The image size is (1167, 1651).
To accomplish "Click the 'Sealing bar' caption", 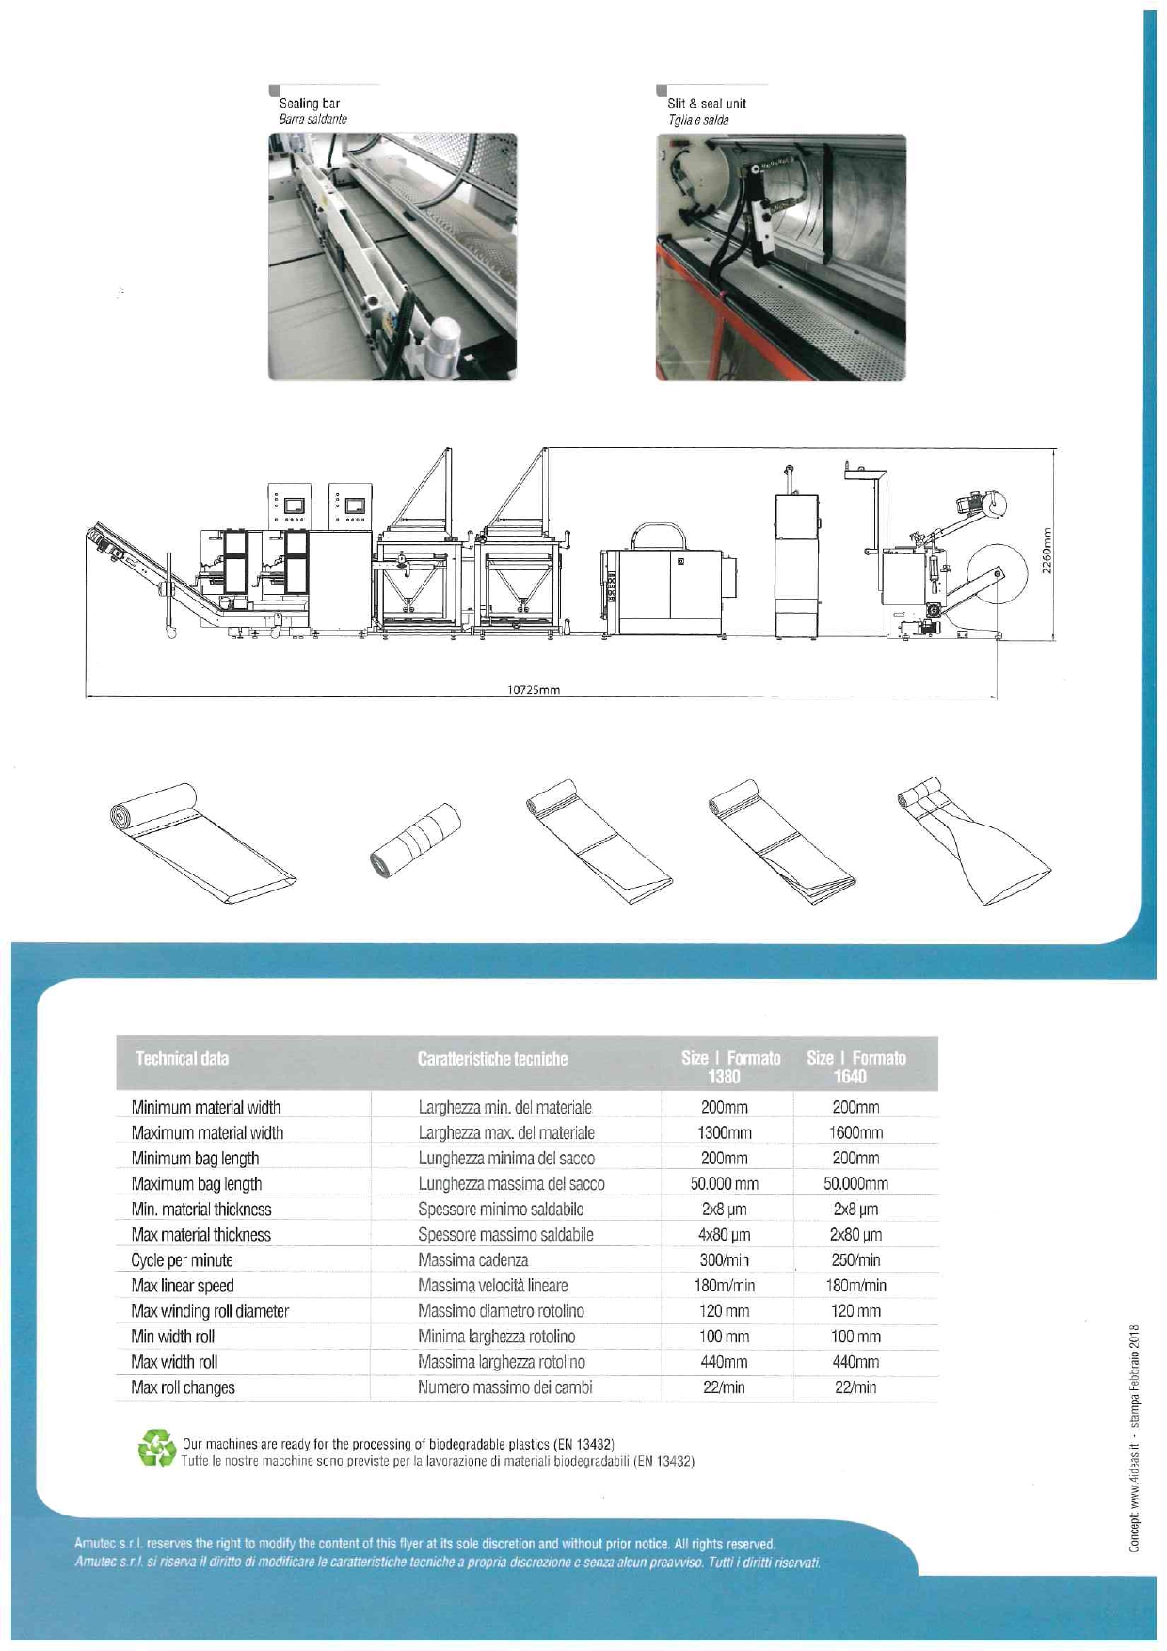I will coord(309,104).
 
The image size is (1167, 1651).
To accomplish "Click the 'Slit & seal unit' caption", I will coord(706,104).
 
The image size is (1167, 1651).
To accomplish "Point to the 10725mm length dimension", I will coord(534,690).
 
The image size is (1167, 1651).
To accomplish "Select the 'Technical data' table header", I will coord(182,1059).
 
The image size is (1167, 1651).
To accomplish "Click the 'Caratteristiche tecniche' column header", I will coord(492,1059).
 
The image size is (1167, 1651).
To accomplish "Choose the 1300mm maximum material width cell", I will coord(724,1133).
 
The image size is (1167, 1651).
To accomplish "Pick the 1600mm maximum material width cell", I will coord(855,1133).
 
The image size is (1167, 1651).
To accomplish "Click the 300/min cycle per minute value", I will coord(724,1260).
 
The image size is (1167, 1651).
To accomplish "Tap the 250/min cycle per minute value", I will coord(855,1260).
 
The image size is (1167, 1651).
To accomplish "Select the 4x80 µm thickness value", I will coord(724,1235).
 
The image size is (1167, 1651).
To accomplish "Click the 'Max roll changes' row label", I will coord(184,1387).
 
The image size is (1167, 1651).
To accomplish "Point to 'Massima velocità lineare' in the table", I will coord(492,1286).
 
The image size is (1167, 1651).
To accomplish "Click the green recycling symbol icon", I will coord(156,1449).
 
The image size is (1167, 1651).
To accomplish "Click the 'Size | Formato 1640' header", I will coord(855,1066).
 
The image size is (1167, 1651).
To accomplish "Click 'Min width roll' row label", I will coord(173,1337).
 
